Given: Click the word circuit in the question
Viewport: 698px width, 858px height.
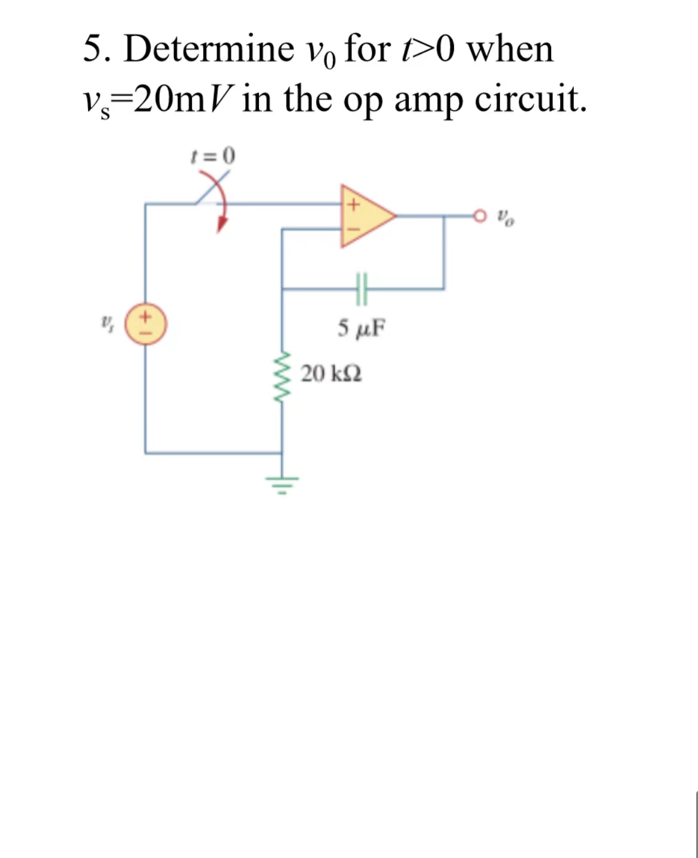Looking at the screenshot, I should pos(530,99).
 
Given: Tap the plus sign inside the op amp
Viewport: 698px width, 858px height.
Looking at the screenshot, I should pos(353,204).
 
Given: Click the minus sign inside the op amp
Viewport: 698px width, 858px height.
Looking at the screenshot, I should pos(353,228).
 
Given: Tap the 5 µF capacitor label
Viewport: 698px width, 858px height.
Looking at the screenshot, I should pos(361,328).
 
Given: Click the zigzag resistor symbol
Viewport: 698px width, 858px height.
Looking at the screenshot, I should pos(282,375).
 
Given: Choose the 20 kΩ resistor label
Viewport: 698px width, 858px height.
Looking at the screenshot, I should pos(331,374).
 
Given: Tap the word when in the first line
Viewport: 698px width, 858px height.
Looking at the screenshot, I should pos(510,49).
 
